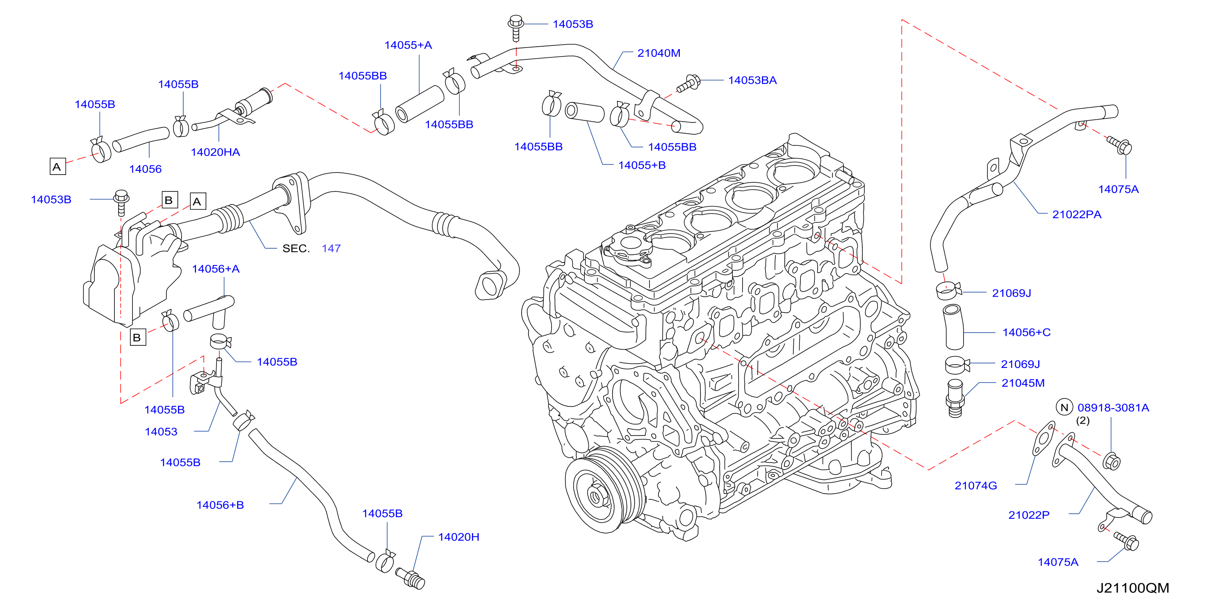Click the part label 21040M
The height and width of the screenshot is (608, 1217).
[x=659, y=53]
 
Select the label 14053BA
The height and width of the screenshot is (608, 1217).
[x=752, y=80]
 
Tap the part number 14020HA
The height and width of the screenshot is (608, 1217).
[x=215, y=152]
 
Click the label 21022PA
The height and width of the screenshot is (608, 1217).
[x=1077, y=214]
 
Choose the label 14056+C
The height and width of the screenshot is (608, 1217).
[x=1027, y=332]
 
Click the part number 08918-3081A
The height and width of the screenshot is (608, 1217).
[x=1113, y=407]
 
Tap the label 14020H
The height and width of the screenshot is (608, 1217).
[x=458, y=537]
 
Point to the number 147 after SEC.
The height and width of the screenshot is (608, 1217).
[x=331, y=248]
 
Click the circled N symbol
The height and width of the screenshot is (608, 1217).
[x=1064, y=407]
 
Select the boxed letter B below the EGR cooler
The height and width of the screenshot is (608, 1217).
[x=138, y=338]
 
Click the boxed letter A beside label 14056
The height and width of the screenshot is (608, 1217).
[x=58, y=167]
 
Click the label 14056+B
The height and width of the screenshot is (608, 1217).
[x=220, y=505]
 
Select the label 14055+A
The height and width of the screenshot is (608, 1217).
[x=408, y=45]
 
